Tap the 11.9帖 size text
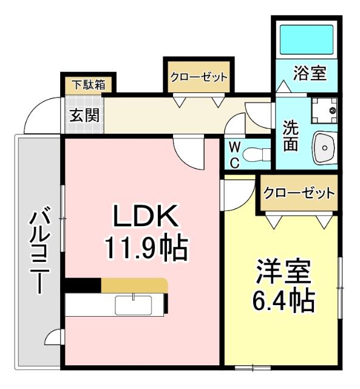click(146, 247)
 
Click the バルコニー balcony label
click(40, 251)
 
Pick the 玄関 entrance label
click(84, 115)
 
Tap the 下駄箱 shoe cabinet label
click(86, 84)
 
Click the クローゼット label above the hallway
click(198, 77)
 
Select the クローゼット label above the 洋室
click(298, 194)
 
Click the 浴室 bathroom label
click(310, 74)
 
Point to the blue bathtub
click(306, 40)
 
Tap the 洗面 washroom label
click(290, 137)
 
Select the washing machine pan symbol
click(325, 111)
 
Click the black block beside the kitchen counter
click(83, 285)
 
